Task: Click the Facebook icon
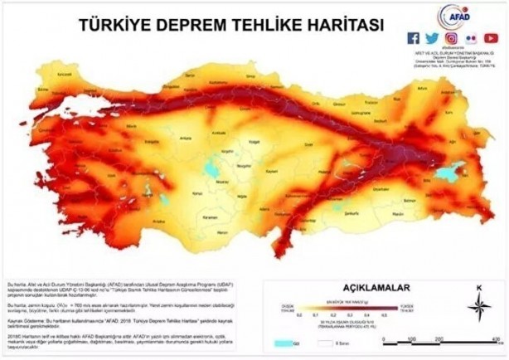[414, 38]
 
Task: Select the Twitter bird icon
[432, 38]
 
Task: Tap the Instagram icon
[452, 38]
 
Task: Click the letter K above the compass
[479, 288]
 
